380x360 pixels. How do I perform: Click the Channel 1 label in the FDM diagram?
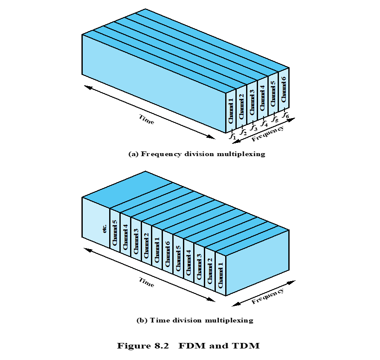[x=231, y=112]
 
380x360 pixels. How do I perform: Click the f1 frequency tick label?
[x=232, y=136]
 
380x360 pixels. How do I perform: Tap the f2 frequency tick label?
[x=243, y=132]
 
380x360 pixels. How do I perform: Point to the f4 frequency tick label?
[x=264, y=124]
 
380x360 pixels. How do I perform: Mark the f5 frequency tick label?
[x=275, y=119]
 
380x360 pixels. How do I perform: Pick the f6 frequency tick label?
[x=286, y=115]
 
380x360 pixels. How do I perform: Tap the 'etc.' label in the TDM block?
[x=105, y=229]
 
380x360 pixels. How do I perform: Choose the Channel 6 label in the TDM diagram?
[x=168, y=254]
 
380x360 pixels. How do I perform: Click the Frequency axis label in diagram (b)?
[x=267, y=296]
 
